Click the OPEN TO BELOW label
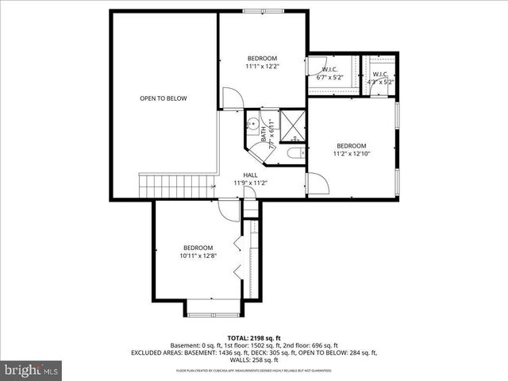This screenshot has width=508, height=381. pos(164,98)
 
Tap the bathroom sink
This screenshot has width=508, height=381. pos(252,124)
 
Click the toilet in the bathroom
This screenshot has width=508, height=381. pos(294,153)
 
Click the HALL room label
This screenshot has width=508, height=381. pos(250,175)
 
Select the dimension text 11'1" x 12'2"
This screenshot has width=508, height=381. pos(261,67)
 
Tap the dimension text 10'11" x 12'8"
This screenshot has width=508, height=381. pos(198,256)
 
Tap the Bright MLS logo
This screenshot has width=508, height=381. pos(31,369)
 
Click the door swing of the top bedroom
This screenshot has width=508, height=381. pos(233,99)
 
